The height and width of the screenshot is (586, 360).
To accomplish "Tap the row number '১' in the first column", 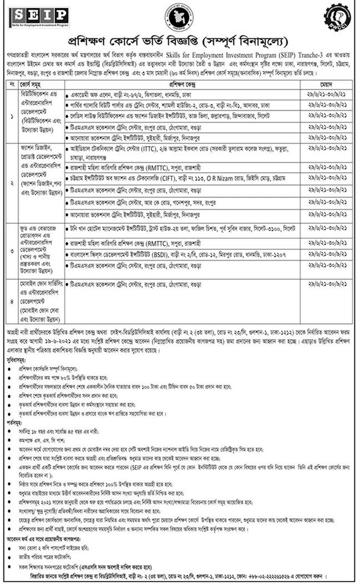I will pos(12,118).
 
